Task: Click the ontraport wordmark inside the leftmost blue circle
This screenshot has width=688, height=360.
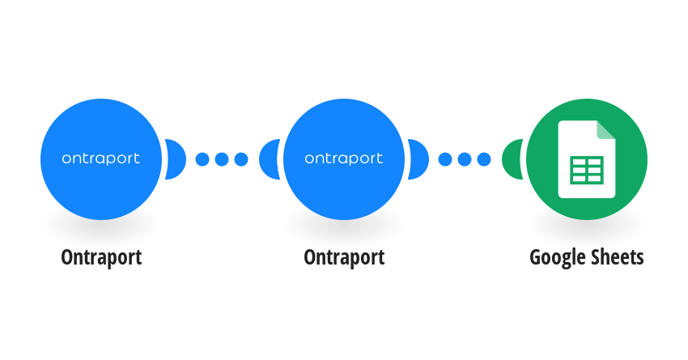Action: tap(101, 159)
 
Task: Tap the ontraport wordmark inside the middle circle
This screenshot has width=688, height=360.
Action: tap(343, 159)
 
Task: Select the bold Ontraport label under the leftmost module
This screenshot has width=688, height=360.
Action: tap(101, 257)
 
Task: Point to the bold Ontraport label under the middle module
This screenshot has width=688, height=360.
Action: tap(344, 257)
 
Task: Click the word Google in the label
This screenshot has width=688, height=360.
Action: tap(556, 258)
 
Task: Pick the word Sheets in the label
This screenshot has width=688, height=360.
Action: tap(616, 257)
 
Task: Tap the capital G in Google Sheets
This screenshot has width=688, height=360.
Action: tap(535, 257)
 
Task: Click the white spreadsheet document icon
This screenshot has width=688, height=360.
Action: tap(587, 159)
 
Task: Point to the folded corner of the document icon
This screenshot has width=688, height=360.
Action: tap(606, 129)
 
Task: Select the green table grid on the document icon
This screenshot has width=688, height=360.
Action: tap(587, 171)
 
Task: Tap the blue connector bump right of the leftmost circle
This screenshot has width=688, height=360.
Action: tap(175, 159)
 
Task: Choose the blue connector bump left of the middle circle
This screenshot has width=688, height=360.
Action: tap(269, 159)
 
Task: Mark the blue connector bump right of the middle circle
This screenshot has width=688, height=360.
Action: tap(418, 159)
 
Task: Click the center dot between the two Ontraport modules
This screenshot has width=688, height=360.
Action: tap(222, 159)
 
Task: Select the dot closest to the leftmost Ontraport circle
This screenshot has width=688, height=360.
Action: tap(202, 159)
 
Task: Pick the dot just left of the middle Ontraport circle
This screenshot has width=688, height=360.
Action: tap(241, 159)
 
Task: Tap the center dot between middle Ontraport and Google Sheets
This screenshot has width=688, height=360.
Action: tap(465, 159)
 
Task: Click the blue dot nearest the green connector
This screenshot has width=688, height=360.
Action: tap(483, 159)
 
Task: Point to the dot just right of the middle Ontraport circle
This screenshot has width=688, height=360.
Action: tap(445, 159)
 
